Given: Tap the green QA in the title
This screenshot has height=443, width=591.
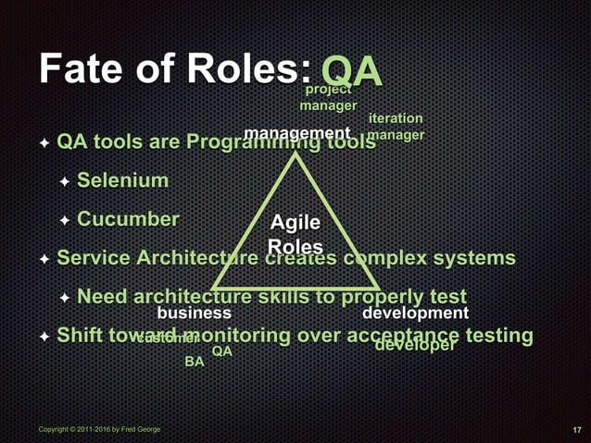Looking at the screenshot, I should tap(351, 71).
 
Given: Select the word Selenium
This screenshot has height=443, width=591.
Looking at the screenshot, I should tap(122, 179).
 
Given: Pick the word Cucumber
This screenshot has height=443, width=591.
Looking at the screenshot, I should tap(128, 219).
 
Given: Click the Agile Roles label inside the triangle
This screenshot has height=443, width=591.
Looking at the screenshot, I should tap(295, 235).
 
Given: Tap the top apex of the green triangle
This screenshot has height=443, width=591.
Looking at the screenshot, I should tap(296, 152).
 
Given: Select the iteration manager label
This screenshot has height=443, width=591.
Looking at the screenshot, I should tap(396, 127).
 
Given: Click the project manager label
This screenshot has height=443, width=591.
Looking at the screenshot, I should tap(328, 97).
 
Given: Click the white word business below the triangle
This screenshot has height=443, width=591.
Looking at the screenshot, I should tap(194, 314).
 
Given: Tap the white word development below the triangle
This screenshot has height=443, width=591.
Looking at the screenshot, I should tap(415, 314).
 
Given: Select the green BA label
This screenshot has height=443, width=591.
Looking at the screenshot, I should tap(194, 362).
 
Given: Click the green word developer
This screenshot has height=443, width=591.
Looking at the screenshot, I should tap(415, 346).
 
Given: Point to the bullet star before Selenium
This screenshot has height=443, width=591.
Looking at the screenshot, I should tap(65, 180).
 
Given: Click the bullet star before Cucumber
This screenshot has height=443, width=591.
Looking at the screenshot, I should tap(65, 220).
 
